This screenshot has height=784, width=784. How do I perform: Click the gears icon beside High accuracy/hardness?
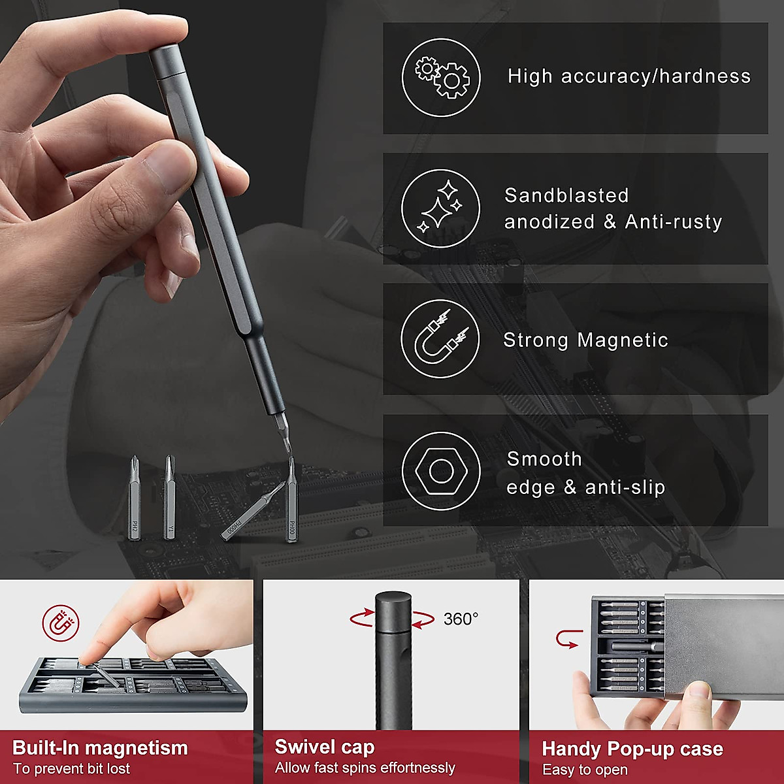point(441,77)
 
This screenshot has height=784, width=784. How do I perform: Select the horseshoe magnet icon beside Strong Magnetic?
point(440,339)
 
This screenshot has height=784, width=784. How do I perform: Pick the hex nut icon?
point(441,470)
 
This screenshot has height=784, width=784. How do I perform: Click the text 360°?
point(461,619)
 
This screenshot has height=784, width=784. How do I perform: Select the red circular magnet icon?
point(61,623)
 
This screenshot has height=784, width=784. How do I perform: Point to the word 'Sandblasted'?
point(566,195)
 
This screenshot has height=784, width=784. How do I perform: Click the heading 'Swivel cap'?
point(325,746)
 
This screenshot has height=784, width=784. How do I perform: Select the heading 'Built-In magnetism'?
point(100,747)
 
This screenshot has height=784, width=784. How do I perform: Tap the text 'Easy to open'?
point(585,770)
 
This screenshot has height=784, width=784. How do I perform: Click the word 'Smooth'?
point(544,459)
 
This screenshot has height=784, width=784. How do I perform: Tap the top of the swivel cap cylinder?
point(393,598)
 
